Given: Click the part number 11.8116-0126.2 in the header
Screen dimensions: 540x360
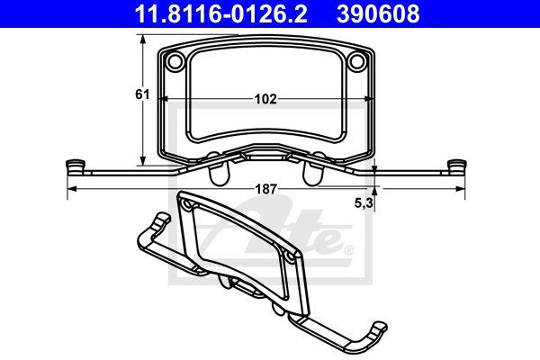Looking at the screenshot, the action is tap(220, 13).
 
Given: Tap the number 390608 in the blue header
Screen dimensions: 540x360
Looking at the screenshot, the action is tap(378, 13).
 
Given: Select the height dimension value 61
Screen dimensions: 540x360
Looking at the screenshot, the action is tap(142, 94).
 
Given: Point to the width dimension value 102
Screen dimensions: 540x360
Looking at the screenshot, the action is tap(265, 99).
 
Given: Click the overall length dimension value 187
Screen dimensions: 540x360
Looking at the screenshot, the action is tap(265, 189).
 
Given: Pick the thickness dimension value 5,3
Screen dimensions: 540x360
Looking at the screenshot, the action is tap(364, 203).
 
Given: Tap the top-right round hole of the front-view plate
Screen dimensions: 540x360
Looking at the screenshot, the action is tap(356, 61).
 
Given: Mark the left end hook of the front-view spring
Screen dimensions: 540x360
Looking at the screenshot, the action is tap(76, 167).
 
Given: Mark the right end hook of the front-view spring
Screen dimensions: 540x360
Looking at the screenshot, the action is tap(456, 167).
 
